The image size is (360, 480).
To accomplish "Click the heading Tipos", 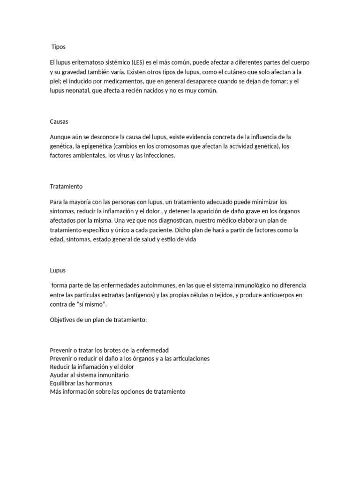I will point(59,47).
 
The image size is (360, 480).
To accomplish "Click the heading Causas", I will point(59,121).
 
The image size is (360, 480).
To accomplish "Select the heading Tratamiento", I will point(66,186).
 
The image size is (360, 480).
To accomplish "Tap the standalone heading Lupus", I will point(58,270).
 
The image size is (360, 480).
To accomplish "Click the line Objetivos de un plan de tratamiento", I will point(98,319).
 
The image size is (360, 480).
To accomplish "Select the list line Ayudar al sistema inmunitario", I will point(89,375).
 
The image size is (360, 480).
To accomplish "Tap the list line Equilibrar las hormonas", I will point(81,383).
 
